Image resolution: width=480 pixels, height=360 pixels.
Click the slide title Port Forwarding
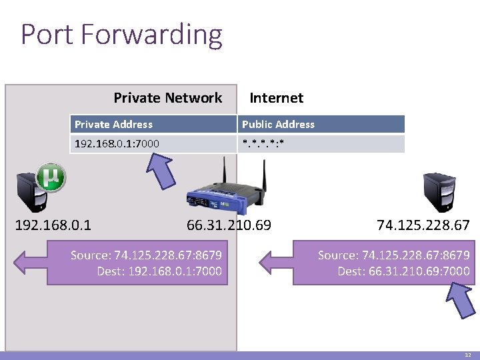pos(121,35)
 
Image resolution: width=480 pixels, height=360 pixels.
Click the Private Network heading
pos(167,98)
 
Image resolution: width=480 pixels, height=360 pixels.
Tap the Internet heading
pos(276,98)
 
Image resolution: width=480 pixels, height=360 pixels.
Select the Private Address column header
pos(113,124)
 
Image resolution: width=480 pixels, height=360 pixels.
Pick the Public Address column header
pos(278,124)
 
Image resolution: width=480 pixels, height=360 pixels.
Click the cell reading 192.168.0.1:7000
pos(117,143)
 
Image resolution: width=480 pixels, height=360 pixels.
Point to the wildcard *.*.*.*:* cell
pos(263,143)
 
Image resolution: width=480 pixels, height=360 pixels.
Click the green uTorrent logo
pos(51,177)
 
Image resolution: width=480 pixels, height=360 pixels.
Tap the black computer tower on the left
pos(33,193)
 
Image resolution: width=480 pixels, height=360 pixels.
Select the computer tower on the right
pos(439,193)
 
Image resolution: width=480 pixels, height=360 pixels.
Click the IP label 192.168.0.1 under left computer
pos(53,225)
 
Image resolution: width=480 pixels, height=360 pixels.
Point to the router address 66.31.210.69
pos(229,225)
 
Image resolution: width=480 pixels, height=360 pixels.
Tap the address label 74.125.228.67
pos(423,225)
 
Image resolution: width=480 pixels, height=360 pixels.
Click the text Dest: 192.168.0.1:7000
pos(159,271)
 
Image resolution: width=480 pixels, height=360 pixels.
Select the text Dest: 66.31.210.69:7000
pos(403,271)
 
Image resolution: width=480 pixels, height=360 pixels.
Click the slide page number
pos(467,355)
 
